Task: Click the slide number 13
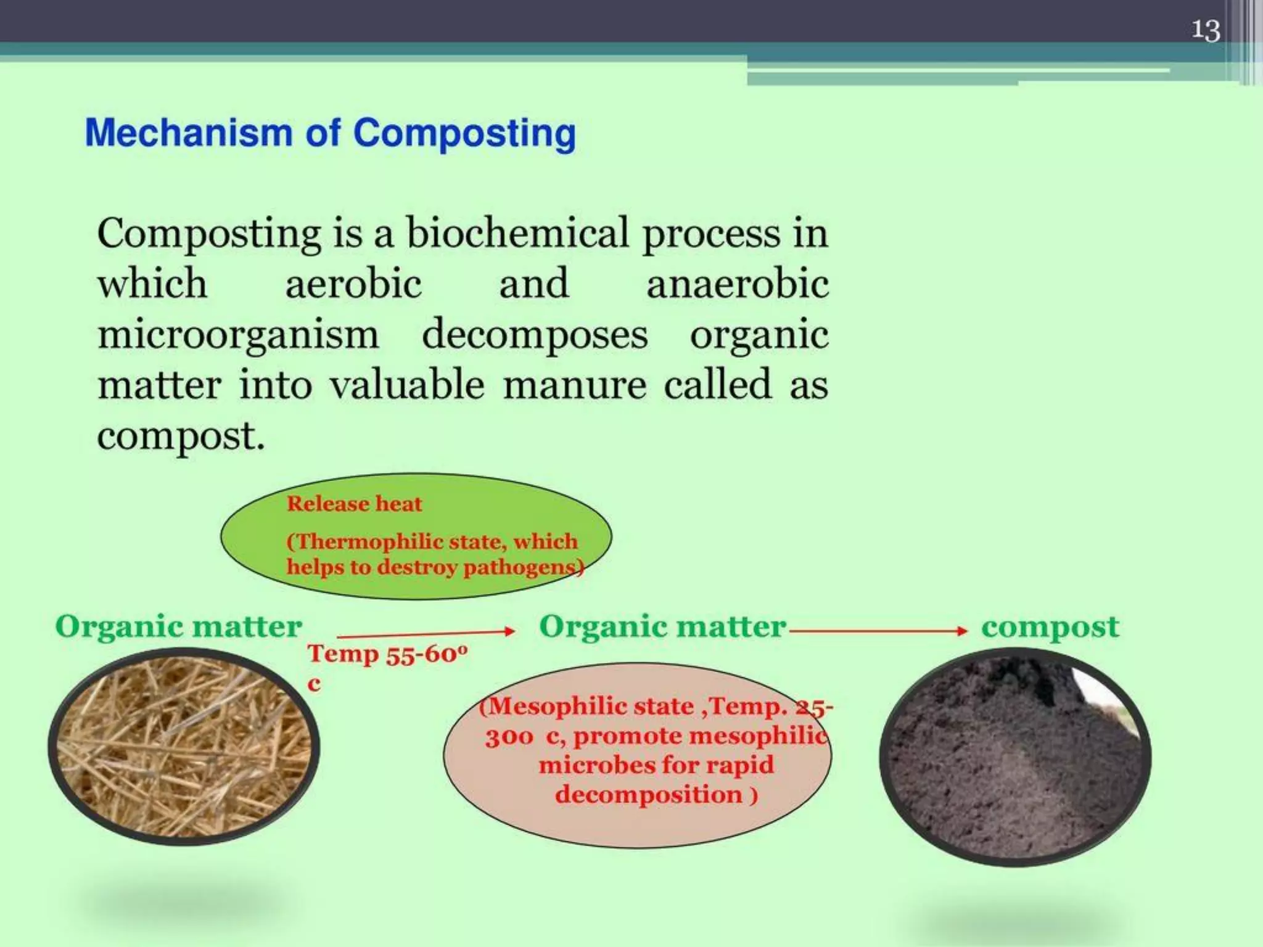[x=1205, y=30]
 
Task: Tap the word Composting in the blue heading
[x=464, y=134]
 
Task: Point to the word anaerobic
[x=737, y=284]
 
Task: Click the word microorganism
[x=238, y=335]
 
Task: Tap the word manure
[x=575, y=385]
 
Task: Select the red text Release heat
[x=354, y=504]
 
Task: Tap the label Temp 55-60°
[x=387, y=654]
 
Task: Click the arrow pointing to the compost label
[x=879, y=630]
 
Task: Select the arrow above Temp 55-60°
[x=426, y=633]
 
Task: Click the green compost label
[x=1050, y=627]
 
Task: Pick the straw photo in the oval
[x=184, y=746]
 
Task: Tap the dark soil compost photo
[x=1015, y=757]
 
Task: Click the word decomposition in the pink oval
[x=648, y=794]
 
